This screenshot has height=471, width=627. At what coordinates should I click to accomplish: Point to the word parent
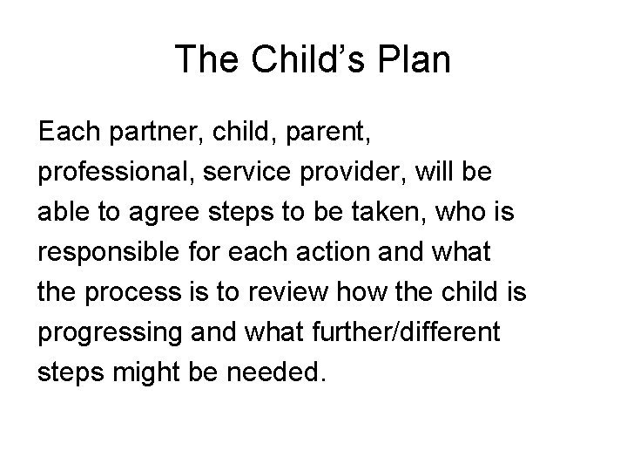[x=309, y=133]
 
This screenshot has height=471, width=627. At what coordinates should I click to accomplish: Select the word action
[x=320, y=252]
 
